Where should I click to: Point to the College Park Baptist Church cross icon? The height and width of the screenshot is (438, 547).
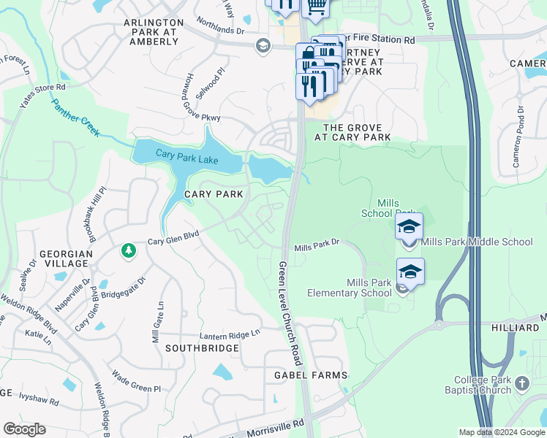tap(521, 382)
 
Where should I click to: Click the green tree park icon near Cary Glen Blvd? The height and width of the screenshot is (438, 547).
tap(129, 250)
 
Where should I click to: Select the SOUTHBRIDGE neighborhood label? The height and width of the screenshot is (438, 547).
tap(202, 348)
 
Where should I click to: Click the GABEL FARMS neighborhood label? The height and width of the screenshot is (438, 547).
tap(310, 375)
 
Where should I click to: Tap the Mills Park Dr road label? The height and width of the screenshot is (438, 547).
tap(317, 248)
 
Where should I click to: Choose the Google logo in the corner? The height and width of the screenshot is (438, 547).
tap(25, 429)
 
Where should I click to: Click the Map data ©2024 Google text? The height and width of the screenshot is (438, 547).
tap(502, 432)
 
